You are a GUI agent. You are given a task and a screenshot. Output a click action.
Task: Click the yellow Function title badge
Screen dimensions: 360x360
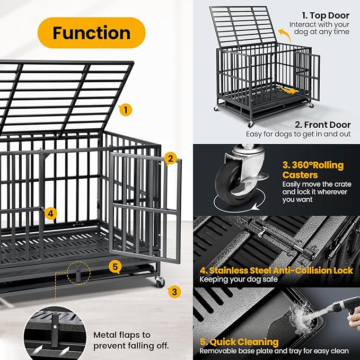tap(91, 33)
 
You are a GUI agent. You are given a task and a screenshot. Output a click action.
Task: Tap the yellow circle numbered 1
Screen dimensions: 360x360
tap(125, 110)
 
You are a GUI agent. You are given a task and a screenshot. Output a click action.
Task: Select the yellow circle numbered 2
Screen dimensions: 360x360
tap(170, 158)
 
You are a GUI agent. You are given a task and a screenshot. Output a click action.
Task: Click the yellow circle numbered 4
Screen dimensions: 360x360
tap(50, 213)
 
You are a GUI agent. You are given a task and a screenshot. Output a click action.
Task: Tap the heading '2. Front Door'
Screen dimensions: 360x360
tap(322, 125)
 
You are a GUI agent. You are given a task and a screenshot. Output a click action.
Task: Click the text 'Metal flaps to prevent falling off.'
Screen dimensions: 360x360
tap(131, 340)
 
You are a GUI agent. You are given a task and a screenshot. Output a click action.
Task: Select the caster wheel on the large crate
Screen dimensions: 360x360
tap(160, 282)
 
